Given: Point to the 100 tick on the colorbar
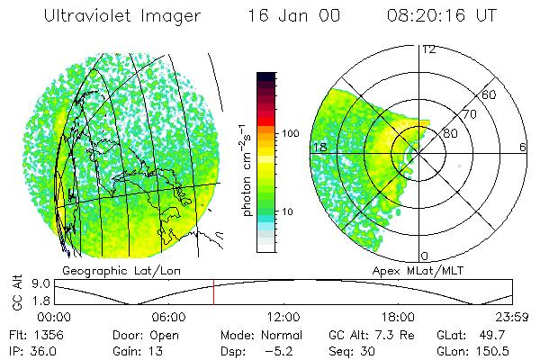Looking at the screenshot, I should pos(291,133).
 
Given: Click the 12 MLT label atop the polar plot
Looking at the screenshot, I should pos(429,49).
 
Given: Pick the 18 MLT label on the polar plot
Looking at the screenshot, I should pos(319,147).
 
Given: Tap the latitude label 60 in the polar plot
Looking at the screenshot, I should pos(490,94).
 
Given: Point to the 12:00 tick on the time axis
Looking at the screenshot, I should pos(283,317).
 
